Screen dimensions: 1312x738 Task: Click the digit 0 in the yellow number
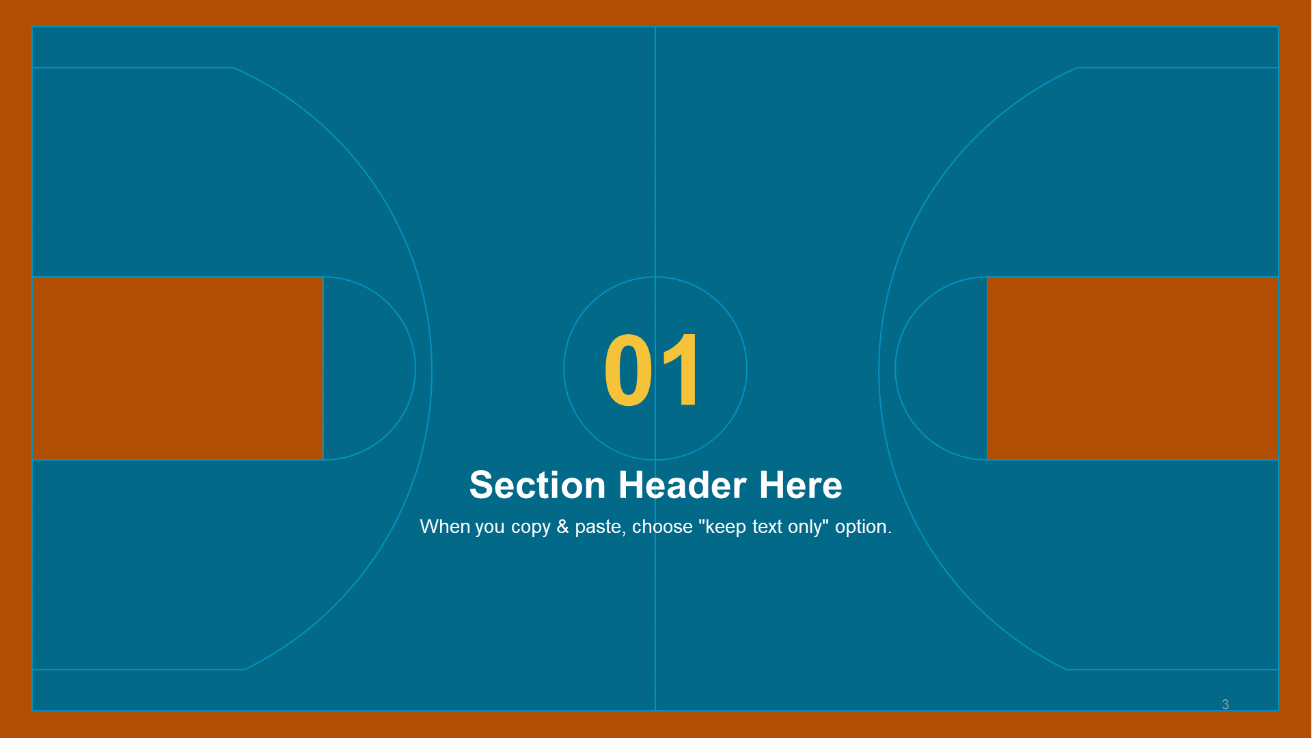628,370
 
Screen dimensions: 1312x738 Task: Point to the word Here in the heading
800,485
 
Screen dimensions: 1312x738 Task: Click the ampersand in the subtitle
562,527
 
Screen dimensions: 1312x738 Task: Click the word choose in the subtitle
662,527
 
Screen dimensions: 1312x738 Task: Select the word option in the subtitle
863,528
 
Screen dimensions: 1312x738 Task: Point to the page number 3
1225,705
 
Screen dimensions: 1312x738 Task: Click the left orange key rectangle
178,368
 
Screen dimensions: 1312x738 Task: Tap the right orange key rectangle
1132,368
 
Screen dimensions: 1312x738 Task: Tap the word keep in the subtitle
726,528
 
